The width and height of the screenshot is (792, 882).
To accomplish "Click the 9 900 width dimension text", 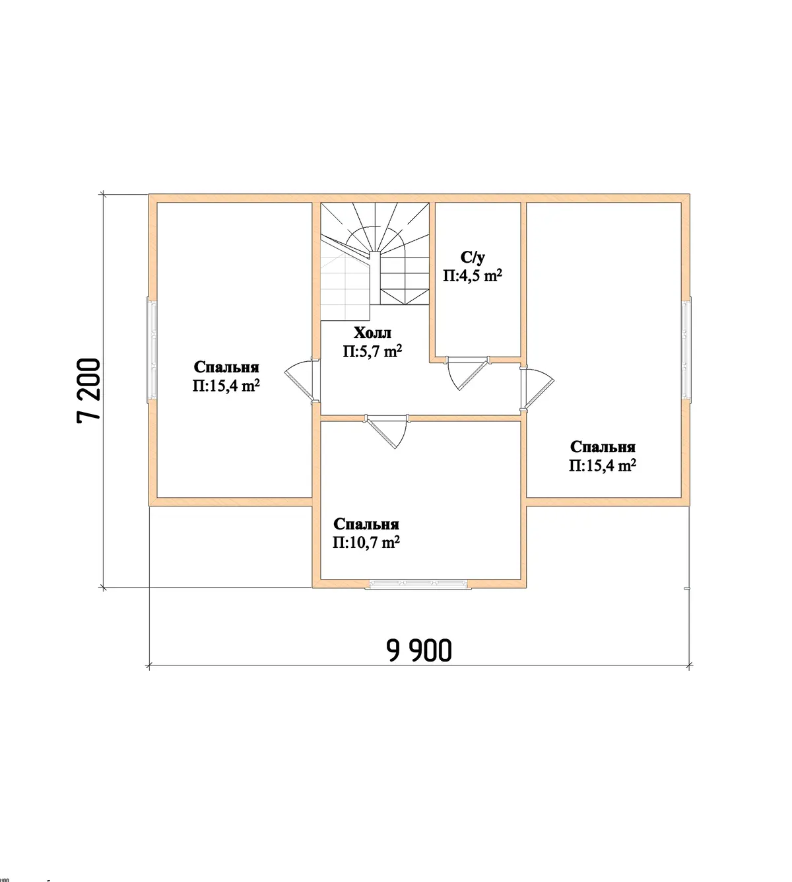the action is (419, 650).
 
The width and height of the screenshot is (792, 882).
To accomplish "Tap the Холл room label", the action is (372, 333).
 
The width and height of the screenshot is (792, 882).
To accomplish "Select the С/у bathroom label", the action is (473, 257).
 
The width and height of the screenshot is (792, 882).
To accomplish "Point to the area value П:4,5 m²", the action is (473, 275).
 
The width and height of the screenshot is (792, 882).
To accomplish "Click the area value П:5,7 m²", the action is (372, 351).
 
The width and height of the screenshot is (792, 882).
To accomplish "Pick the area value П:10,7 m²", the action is (366, 543).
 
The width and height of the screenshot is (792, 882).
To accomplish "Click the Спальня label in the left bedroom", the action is (226, 367).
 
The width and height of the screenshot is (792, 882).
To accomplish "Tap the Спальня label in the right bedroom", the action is (603, 447).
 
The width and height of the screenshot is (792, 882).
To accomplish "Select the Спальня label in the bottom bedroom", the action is (366, 524).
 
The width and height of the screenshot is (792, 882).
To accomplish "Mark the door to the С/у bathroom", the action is (468, 372).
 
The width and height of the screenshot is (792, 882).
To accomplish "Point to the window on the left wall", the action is (152, 350).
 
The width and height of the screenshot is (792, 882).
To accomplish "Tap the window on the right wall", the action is (686, 350).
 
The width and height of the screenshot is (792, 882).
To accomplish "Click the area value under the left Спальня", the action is (226, 386).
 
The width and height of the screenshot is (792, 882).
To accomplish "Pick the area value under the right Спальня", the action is (603, 466).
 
